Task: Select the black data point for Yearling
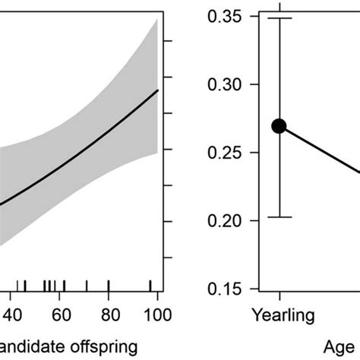coord(279,126)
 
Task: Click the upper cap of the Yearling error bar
coord(279,17)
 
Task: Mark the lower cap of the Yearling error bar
coord(279,217)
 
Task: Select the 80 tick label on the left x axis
coord(109,314)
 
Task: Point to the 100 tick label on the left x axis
coord(157,314)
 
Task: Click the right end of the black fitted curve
coord(157,90)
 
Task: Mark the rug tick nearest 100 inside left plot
coord(150,286)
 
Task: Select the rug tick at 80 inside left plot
coord(109,286)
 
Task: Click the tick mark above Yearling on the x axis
coord(279,294)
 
